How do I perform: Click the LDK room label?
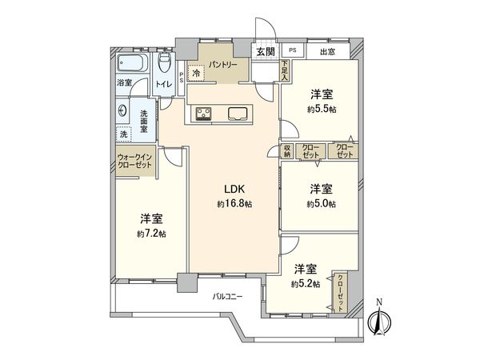(x=234, y=190)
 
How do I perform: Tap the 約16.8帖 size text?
(x=234, y=205)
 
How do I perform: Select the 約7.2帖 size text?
(x=151, y=234)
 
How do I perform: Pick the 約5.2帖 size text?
(x=306, y=282)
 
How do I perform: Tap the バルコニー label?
(x=229, y=298)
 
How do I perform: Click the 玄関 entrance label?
(x=266, y=52)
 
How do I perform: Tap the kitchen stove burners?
(x=200, y=112)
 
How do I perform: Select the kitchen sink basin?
(x=238, y=112)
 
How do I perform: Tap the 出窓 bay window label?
(x=327, y=52)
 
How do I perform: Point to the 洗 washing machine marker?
(x=123, y=133)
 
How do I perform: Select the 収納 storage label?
(x=286, y=151)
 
